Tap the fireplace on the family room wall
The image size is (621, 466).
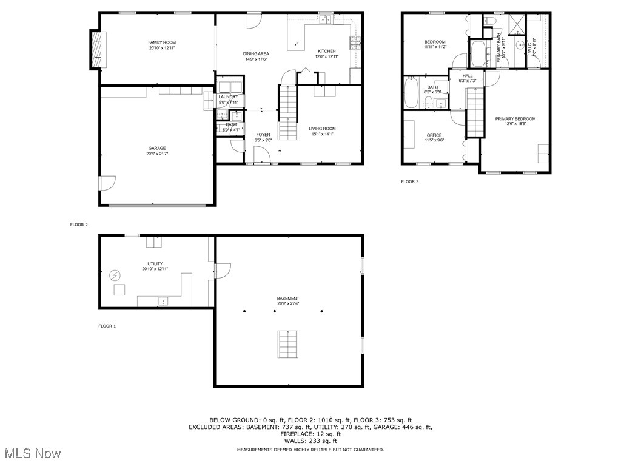click(x=96, y=49)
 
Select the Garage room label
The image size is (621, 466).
click(x=157, y=148)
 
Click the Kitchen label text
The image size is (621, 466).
click(x=326, y=51)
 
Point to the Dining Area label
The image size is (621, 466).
click(x=257, y=53)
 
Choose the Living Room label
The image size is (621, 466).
click(x=322, y=129)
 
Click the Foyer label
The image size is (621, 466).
click(x=263, y=135)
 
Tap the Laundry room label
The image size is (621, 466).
click(x=229, y=97)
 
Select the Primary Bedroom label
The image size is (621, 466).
click(x=515, y=119)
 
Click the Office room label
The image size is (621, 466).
click(x=434, y=135)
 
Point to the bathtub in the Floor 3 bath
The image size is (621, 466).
click(x=412, y=92)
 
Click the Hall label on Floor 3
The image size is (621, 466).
click(x=467, y=76)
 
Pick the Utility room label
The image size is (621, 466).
click(x=155, y=264)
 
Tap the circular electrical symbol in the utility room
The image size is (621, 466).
click(x=115, y=275)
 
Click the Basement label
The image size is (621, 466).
click(x=288, y=299)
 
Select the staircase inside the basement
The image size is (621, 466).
click(x=288, y=345)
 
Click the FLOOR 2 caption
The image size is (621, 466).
click(x=79, y=225)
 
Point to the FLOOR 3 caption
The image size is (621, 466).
click(x=410, y=181)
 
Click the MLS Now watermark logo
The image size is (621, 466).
click(x=31, y=453)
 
